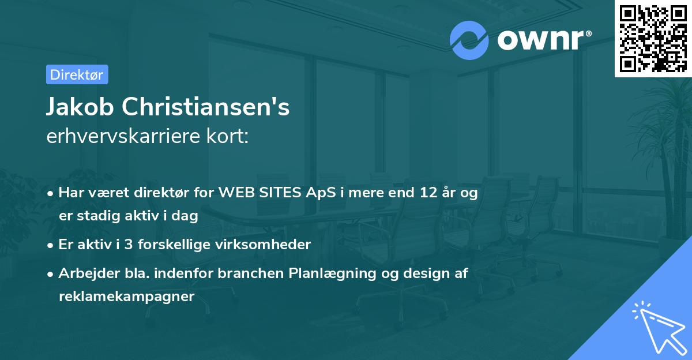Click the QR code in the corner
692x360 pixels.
click(x=653, y=38)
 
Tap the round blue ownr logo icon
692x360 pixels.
click(x=469, y=40)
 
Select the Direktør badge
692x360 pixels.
click(x=77, y=74)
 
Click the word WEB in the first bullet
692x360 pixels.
click(x=235, y=193)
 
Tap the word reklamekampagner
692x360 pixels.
click(x=126, y=297)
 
